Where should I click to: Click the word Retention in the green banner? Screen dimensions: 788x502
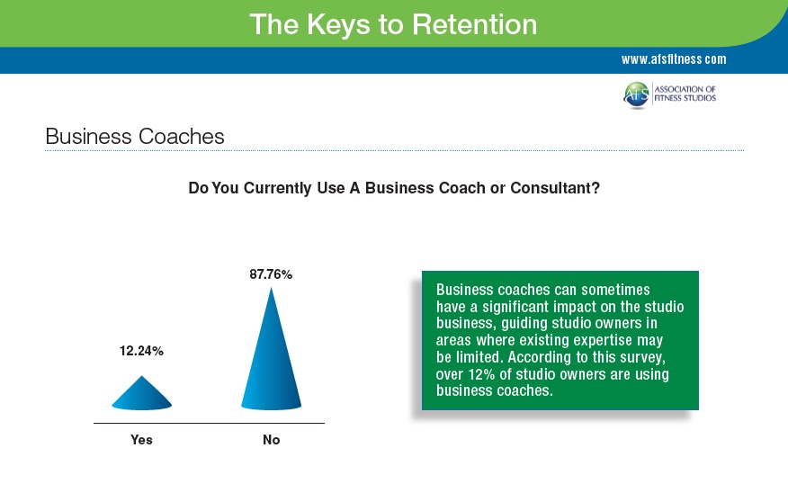474,24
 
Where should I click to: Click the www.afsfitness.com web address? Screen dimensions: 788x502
674,59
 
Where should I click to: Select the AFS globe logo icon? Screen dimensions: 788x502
636,94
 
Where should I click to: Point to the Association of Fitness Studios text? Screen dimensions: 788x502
685,94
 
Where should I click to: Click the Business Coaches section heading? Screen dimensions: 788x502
135,136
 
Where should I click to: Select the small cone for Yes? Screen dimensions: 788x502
142,393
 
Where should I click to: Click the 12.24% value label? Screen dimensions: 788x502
141,351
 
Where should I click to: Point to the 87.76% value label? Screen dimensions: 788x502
271,274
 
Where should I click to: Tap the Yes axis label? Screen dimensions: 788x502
141,440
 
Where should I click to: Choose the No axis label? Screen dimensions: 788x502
272,440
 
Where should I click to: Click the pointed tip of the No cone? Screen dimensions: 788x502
271,287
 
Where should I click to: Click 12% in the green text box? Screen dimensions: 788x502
481,374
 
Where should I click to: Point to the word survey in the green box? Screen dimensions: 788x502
640,358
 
